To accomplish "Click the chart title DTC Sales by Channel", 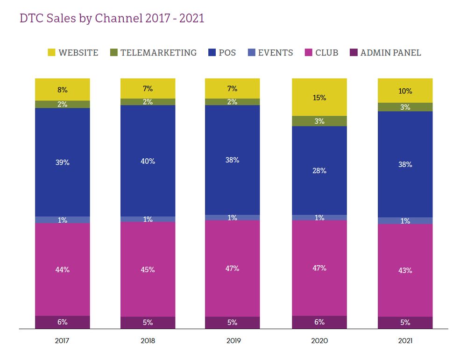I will pos(112,18).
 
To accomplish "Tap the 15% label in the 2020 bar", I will pos(319,98).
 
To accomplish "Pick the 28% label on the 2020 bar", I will pos(319,171).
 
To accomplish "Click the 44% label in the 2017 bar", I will pos(63,269).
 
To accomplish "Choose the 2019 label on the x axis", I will pos(233,341).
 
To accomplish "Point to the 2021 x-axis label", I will pos(405,341).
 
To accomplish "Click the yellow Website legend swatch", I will pos(51,53).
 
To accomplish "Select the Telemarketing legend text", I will pos(158,53).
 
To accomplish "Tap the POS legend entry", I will pos(227,53).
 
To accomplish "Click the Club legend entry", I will pos(326,53).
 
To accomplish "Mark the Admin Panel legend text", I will pos(390,53).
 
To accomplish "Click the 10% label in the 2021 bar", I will pos(405,91).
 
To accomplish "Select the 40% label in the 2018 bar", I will pos(148,161).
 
